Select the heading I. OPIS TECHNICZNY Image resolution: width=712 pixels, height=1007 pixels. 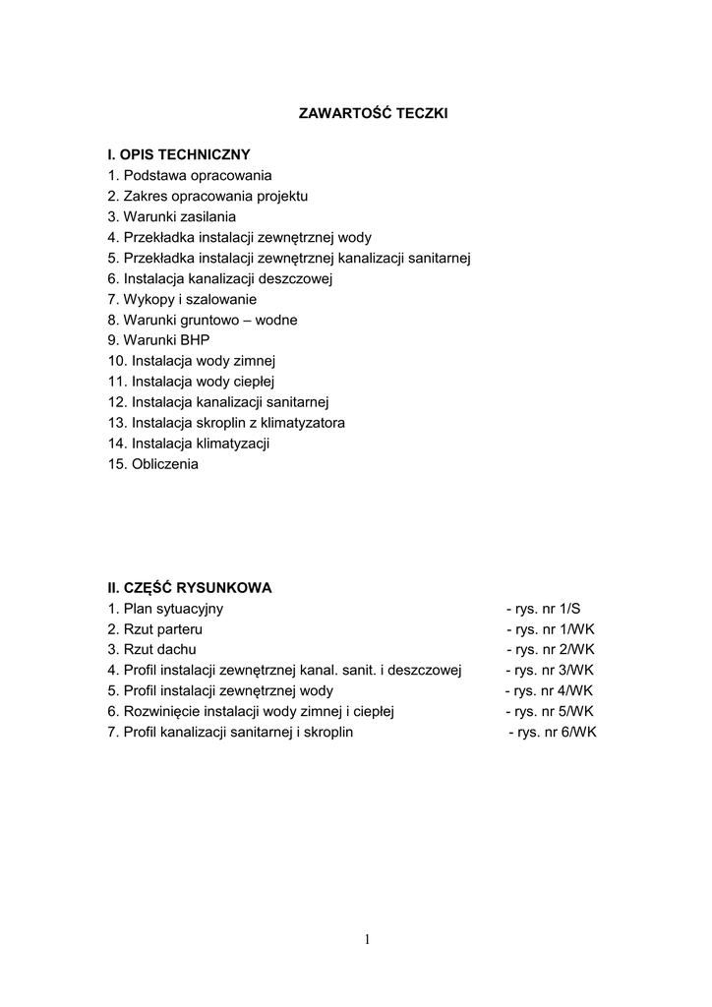[179, 154]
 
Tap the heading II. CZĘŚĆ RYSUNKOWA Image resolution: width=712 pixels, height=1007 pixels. [190, 588]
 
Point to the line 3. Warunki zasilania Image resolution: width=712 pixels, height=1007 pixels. [172, 216]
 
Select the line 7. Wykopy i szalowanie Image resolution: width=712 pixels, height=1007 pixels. [182, 299]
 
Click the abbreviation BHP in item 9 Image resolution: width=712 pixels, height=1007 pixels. [195, 340]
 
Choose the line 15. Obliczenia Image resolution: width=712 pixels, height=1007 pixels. [152, 464]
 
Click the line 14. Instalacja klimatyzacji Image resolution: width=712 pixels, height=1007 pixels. [189, 444]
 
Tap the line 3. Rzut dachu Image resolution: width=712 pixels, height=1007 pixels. [152, 650]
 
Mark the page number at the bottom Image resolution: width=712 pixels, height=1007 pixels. [367, 940]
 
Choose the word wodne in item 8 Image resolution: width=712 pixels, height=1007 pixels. [276, 320]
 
